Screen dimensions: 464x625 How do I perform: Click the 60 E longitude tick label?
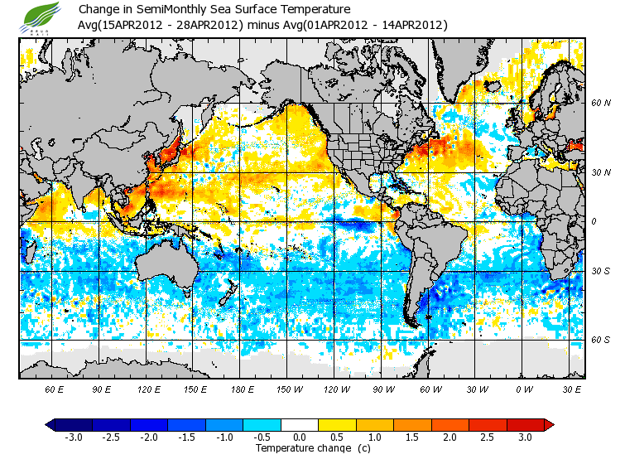[55, 389]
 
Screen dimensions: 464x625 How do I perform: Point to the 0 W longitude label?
[524, 389]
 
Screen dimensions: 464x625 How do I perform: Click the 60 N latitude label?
[601, 103]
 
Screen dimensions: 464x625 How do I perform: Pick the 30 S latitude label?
[601, 271]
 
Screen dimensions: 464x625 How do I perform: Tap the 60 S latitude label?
[601, 340]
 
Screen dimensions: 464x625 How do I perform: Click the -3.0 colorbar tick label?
[74, 437]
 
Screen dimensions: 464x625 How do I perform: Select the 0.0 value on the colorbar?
[300, 437]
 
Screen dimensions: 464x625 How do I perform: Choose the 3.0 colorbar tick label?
[525, 437]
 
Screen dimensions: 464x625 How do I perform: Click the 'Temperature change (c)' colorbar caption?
[301, 448]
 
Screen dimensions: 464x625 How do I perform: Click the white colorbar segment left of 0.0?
[281, 424]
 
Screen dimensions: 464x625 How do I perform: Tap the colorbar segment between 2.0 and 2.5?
[469, 424]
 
